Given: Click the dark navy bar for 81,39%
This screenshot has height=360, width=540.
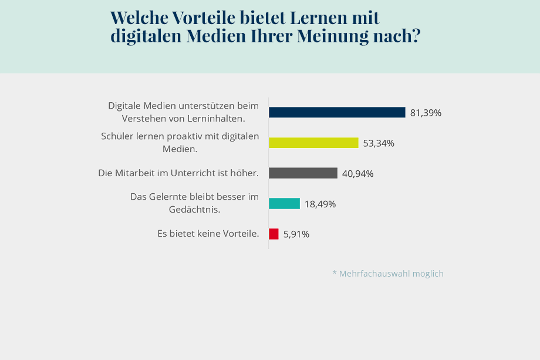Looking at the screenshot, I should [x=337, y=112].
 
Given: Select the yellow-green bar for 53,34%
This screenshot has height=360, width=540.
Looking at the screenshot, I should [x=313, y=143].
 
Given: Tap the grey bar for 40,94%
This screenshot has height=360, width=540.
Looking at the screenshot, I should [x=303, y=173].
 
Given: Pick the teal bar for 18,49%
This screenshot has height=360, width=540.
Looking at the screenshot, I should [x=284, y=204].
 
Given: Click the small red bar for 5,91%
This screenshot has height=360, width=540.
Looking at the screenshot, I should [x=274, y=234].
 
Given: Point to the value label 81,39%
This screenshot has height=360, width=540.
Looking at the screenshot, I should [x=426, y=113].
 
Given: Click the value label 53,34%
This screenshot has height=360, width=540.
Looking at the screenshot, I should [x=379, y=143].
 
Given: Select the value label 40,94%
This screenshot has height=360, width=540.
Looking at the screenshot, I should [x=357, y=174].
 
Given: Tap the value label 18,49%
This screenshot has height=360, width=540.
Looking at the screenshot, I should [x=320, y=204].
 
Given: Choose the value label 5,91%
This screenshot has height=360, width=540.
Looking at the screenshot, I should [x=296, y=234].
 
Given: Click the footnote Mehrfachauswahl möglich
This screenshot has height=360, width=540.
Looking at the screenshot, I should [x=388, y=274].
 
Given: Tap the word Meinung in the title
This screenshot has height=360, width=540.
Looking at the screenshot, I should [x=333, y=36].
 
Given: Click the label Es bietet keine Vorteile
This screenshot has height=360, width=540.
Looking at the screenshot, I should [x=208, y=234].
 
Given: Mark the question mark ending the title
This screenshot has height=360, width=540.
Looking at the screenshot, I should [x=416, y=36].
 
